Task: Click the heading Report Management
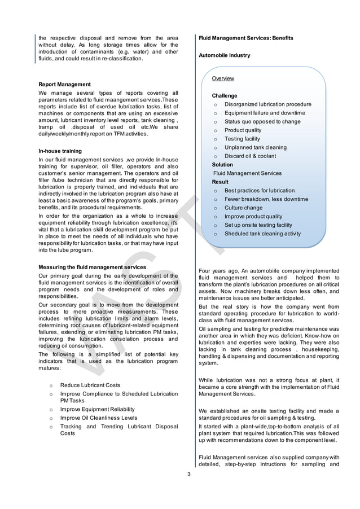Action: [64, 84]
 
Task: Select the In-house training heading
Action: [60, 151]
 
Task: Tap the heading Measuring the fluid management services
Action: [92, 267]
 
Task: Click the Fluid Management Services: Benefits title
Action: [246, 38]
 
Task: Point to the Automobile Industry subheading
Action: [225, 55]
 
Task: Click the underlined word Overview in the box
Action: [223, 78]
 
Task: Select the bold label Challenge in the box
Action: [225, 96]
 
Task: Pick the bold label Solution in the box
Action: [222, 165]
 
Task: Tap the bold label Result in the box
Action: [220, 182]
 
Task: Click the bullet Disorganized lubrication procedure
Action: [267, 104]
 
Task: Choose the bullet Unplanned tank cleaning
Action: [255, 147]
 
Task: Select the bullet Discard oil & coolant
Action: [250, 156]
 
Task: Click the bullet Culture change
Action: [243, 208]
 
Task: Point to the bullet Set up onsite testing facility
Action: [258, 225]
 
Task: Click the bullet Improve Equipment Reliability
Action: [97, 409]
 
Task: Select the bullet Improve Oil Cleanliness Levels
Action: [98, 418]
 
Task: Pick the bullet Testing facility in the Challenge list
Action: [242, 139]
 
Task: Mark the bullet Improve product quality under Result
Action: [253, 216]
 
